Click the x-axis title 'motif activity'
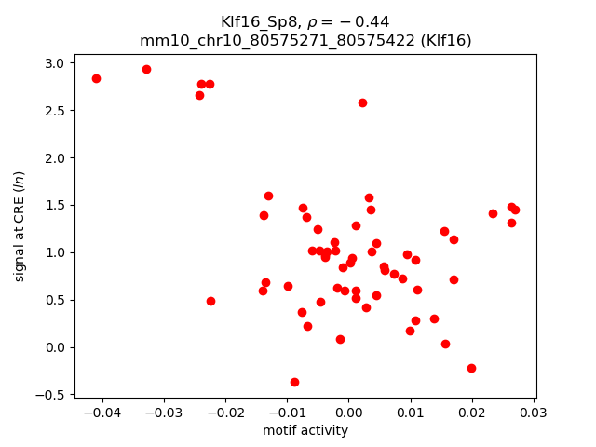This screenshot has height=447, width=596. (x=305, y=430)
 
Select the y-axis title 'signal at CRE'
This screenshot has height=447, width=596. (x=20, y=220)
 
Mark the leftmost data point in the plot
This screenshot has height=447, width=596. (x=96, y=78)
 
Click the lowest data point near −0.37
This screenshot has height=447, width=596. (x=294, y=382)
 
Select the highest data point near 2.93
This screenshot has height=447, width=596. (x=146, y=69)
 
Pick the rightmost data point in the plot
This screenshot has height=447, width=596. (x=515, y=210)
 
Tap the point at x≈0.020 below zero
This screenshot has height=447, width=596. (x=471, y=368)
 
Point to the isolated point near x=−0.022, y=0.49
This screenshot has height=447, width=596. (x=210, y=301)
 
